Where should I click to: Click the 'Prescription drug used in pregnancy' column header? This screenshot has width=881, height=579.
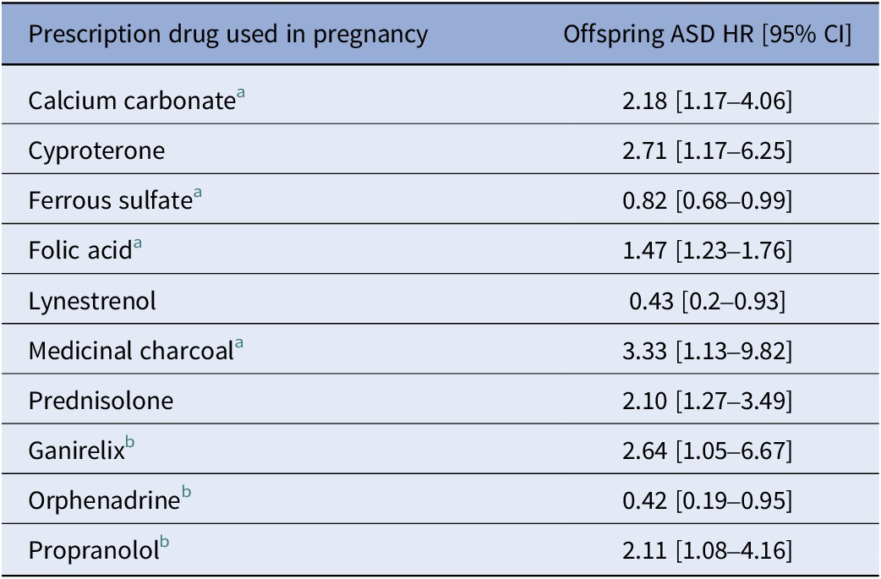(x=227, y=36)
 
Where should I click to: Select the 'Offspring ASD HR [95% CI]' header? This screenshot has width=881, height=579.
(x=708, y=36)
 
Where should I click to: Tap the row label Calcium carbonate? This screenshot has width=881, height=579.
(x=131, y=102)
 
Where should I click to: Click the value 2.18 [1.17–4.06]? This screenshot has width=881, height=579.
(x=707, y=102)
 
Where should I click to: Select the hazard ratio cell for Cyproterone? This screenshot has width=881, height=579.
(x=707, y=151)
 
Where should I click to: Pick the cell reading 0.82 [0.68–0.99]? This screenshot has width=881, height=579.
(x=707, y=201)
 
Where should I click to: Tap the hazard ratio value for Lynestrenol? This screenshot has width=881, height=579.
(x=707, y=301)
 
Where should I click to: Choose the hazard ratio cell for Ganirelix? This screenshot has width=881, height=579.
(x=707, y=451)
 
